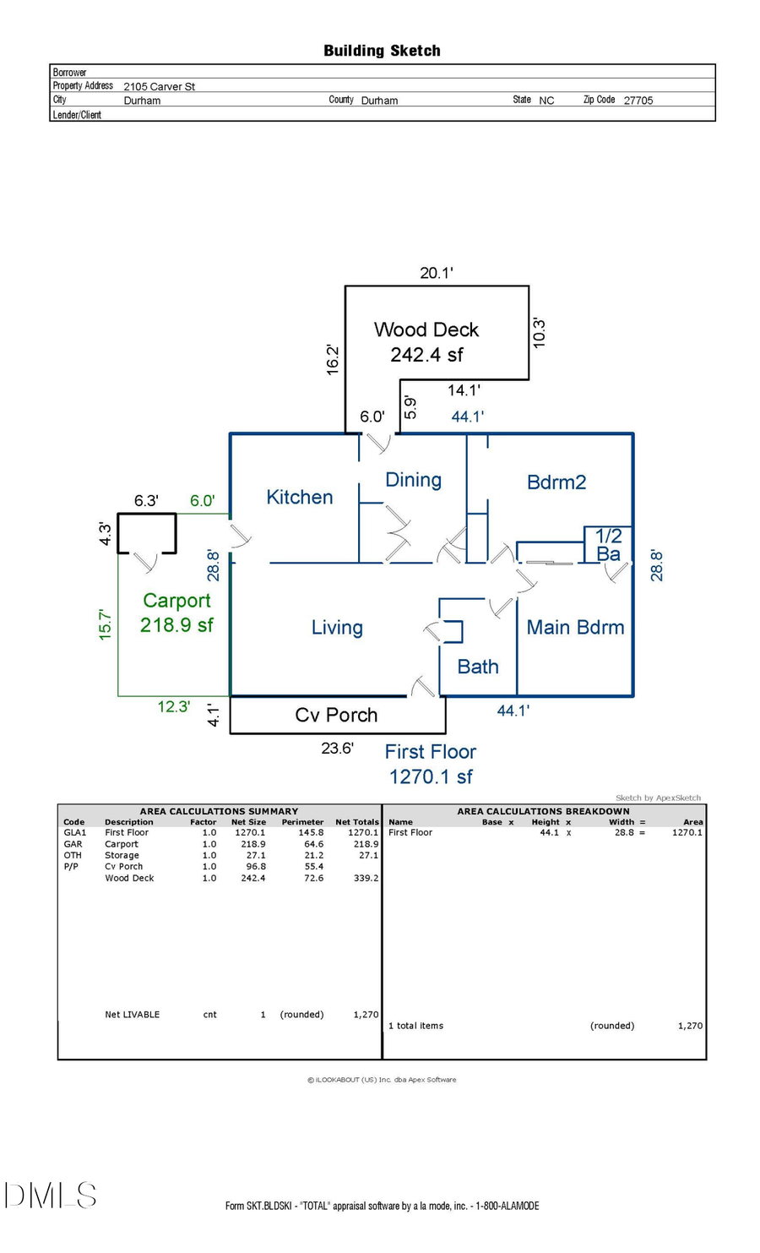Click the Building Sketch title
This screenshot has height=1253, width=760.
click(x=382, y=51)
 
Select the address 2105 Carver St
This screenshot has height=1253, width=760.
click(x=159, y=86)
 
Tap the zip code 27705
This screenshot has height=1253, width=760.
click(x=638, y=100)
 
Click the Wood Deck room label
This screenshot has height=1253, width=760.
click(x=426, y=330)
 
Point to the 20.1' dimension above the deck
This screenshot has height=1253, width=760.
click(x=437, y=273)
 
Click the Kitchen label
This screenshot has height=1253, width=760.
click(x=299, y=497)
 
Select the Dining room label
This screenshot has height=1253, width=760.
click(x=413, y=480)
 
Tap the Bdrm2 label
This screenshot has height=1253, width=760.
click(x=556, y=482)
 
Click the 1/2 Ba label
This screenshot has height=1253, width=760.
click(x=608, y=545)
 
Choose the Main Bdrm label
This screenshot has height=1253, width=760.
click(x=575, y=627)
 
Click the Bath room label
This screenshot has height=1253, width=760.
click(x=477, y=667)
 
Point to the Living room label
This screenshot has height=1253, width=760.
click(x=337, y=628)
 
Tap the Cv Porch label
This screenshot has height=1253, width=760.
click(x=336, y=715)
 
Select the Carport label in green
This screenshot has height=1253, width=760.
click(x=176, y=601)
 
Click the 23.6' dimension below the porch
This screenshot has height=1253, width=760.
click(x=337, y=748)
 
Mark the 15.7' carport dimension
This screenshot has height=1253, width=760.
click(x=105, y=624)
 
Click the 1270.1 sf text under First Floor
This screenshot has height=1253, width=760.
click(x=431, y=776)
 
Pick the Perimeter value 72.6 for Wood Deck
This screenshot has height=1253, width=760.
click(x=313, y=878)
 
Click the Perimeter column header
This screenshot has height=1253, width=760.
click(x=302, y=821)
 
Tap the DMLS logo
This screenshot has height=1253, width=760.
click(x=51, y=1195)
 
